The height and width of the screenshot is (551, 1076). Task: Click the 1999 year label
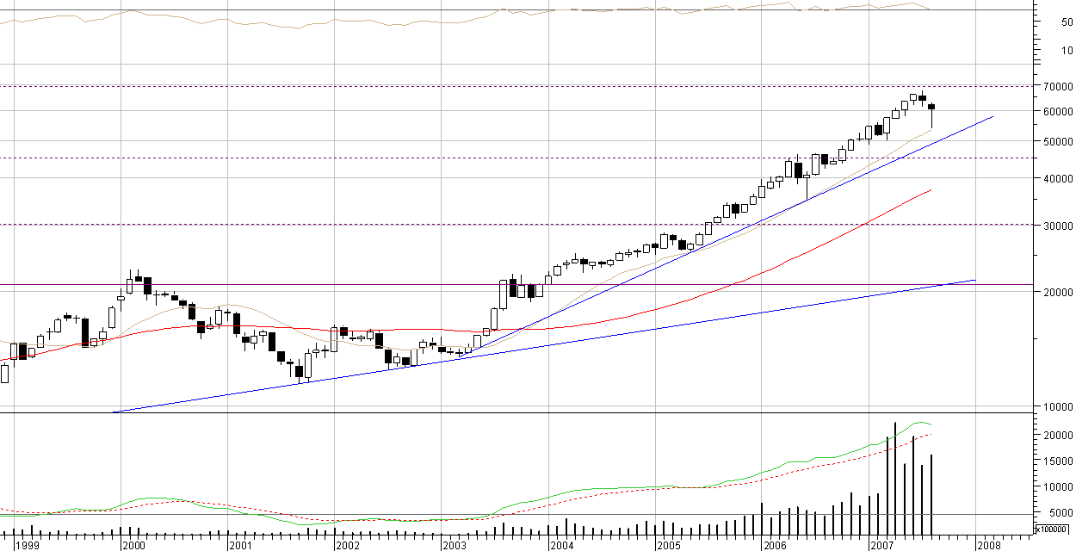(x=27, y=545)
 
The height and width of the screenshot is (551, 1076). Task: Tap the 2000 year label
(x=133, y=545)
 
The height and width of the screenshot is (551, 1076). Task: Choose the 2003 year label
(x=454, y=545)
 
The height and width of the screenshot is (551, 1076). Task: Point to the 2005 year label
(x=668, y=545)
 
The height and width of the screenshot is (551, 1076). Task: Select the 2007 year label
(x=881, y=545)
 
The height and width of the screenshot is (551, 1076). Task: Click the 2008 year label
(x=988, y=545)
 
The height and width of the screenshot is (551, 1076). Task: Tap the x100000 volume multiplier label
(x=1053, y=529)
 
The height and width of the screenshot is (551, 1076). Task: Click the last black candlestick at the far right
(x=931, y=107)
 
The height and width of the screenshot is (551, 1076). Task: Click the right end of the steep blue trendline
(x=993, y=116)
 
